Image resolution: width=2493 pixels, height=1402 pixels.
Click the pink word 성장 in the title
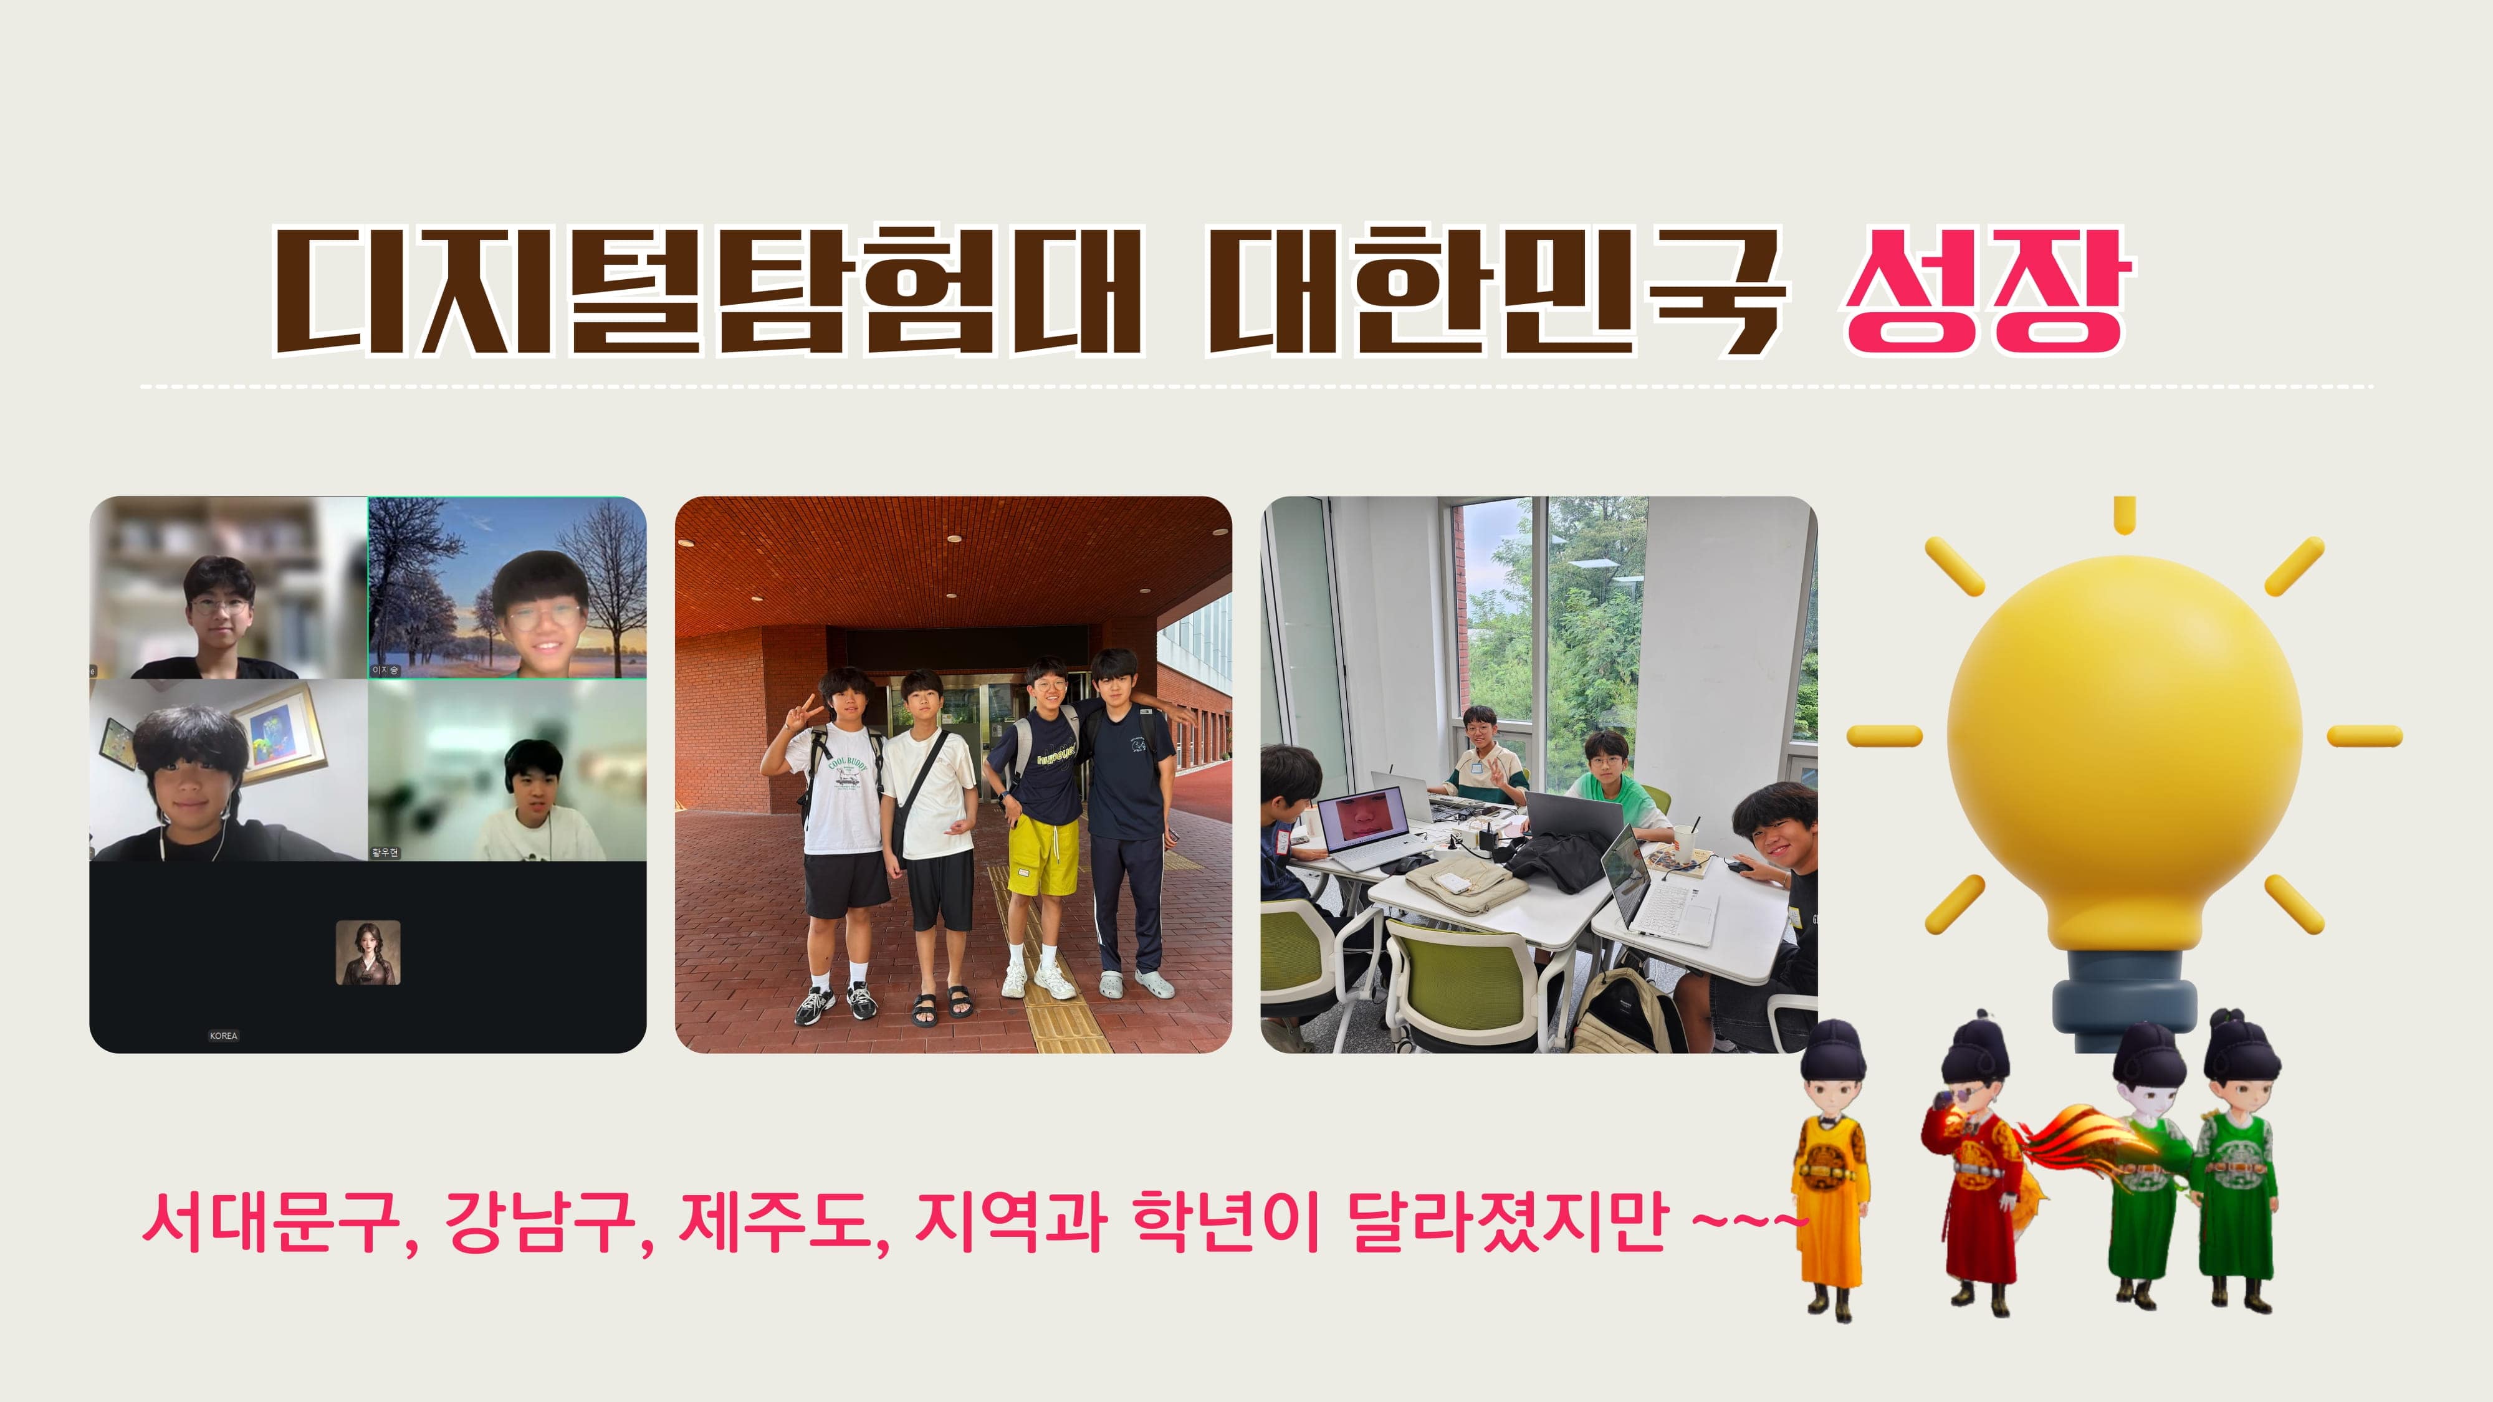(x=1984, y=290)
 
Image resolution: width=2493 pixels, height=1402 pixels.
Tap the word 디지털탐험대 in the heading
(x=707, y=290)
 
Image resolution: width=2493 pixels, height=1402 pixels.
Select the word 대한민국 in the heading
(x=1495, y=290)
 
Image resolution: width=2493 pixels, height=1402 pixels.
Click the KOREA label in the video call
(x=224, y=1035)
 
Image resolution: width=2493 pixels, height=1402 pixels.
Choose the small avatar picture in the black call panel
(x=368, y=953)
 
